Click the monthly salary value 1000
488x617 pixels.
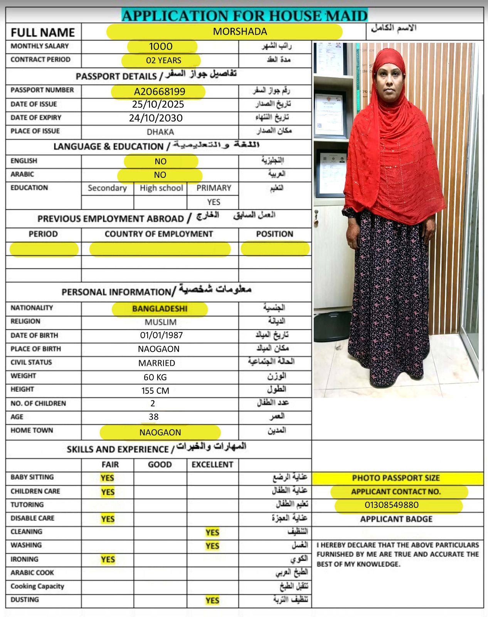coord(161,47)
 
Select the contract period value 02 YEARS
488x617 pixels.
coord(163,61)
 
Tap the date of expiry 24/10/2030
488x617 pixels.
coord(156,118)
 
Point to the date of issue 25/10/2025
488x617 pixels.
coord(158,105)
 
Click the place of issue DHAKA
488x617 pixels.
coord(160,132)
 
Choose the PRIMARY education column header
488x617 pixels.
coord(214,188)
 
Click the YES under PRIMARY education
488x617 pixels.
coord(214,202)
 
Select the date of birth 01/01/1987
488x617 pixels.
coord(161,335)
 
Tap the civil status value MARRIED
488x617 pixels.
coord(156,363)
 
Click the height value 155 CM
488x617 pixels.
coord(155,391)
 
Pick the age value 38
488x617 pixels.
coord(153,417)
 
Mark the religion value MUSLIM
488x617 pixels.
coord(160,322)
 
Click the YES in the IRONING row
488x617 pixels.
coord(108,560)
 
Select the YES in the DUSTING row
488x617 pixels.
coord(212,600)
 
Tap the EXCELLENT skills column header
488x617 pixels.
coord(212,465)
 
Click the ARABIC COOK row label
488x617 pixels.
coord(32,573)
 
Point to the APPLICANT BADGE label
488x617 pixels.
coord(396,519)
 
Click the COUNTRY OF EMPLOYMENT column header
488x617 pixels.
coord(159,234)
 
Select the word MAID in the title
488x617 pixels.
coord(346,16)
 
